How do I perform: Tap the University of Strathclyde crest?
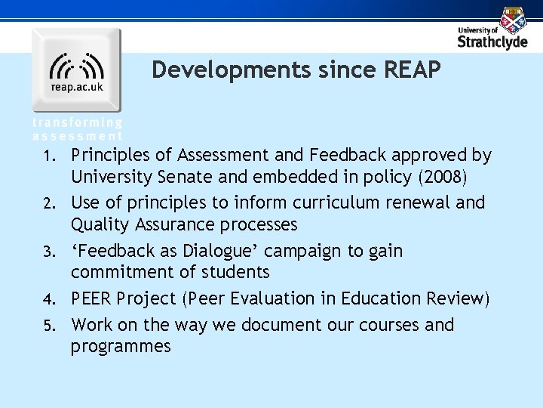pos(513,20)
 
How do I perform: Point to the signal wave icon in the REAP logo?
pos(76,66)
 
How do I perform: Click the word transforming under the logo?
pos(77,122)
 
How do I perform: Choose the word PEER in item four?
pos(94,299)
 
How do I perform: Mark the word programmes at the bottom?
pos(121,347)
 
